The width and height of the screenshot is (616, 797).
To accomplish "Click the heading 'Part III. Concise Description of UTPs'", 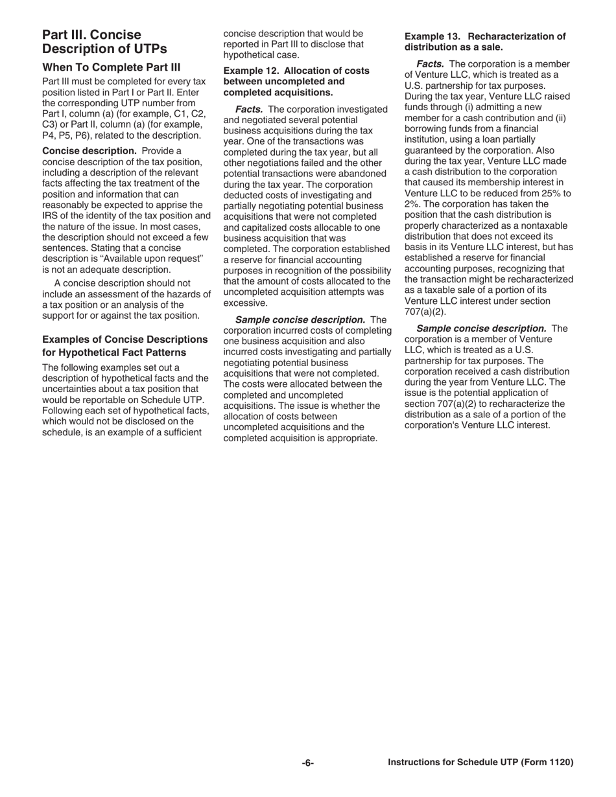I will click(104, 41).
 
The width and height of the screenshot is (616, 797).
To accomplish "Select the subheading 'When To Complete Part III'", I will click(111, 67).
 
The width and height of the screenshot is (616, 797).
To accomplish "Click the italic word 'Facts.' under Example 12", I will click(249, 110).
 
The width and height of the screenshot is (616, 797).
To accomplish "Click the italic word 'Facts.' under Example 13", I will click(430, 64).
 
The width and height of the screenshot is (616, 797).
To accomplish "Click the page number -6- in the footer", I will click(307, 763).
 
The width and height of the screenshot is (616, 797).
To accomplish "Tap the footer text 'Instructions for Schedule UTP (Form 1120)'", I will click(480, 763).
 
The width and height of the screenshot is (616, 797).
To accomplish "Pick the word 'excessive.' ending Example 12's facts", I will click(245, 303).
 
